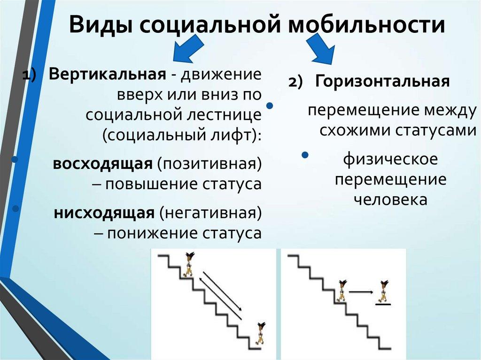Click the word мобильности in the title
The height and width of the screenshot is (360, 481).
point(366,25)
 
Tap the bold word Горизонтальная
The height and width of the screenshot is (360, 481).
point(382,81)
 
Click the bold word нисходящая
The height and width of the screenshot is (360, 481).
point(104,214)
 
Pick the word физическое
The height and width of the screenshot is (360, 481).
point(390,160)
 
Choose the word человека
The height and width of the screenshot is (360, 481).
point(390,199)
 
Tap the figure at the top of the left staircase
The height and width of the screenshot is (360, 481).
point(189,263)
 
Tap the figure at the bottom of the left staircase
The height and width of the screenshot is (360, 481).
point(259,333)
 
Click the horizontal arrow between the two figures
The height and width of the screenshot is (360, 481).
point(361,292)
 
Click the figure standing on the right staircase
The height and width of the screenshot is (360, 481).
point(341,291)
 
